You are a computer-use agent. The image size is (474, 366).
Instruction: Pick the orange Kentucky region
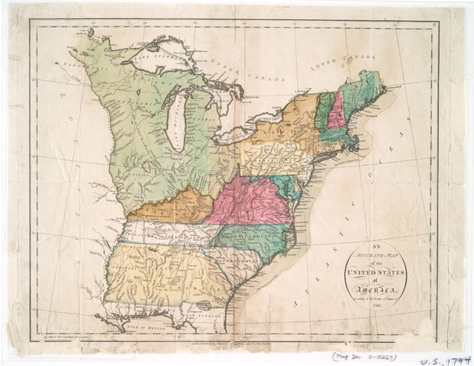click(170, 207)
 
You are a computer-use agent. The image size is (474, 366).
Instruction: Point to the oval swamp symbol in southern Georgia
click(203, 305)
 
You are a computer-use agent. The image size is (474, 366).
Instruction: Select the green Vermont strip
click(323, 111)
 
